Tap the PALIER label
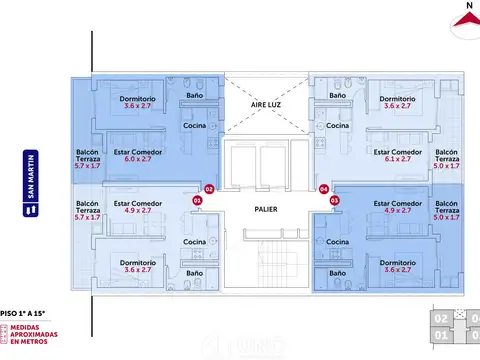pos(265,209)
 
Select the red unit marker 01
pos(197,200)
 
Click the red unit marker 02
pos(209,188)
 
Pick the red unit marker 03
pos(334,200)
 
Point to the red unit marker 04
pos(322,188)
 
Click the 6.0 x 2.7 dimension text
pos(130,159)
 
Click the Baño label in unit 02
pos(196,97)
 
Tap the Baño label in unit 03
pos(337,273)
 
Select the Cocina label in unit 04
pos(337,126)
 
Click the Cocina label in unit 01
pos(195,243)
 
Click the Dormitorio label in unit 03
pos(396,261)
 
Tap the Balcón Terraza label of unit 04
pos(447,158)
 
